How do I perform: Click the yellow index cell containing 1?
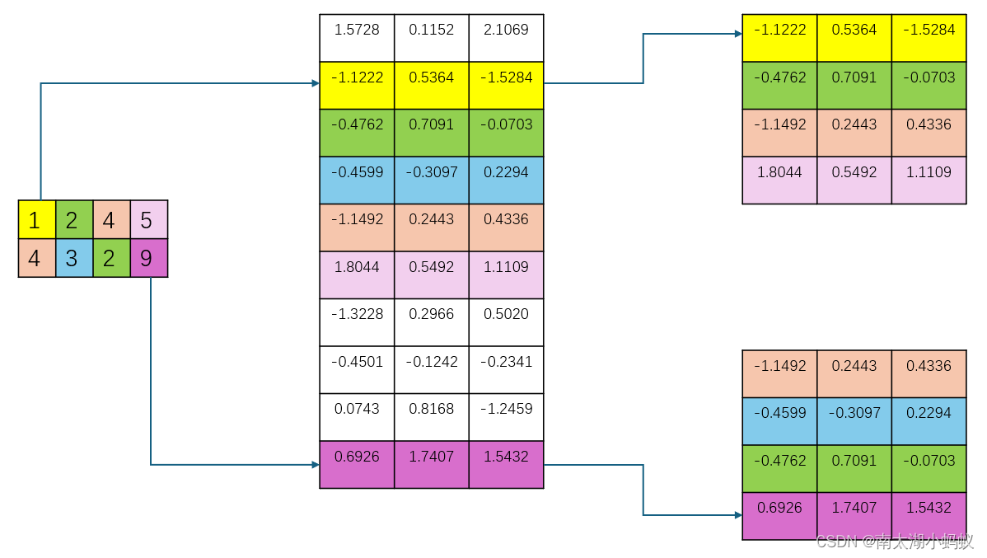37,219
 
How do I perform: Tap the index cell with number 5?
149,219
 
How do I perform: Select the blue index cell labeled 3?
74,258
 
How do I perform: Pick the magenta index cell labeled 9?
149,258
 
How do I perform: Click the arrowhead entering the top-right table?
737,35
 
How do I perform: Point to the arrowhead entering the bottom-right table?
737,515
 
